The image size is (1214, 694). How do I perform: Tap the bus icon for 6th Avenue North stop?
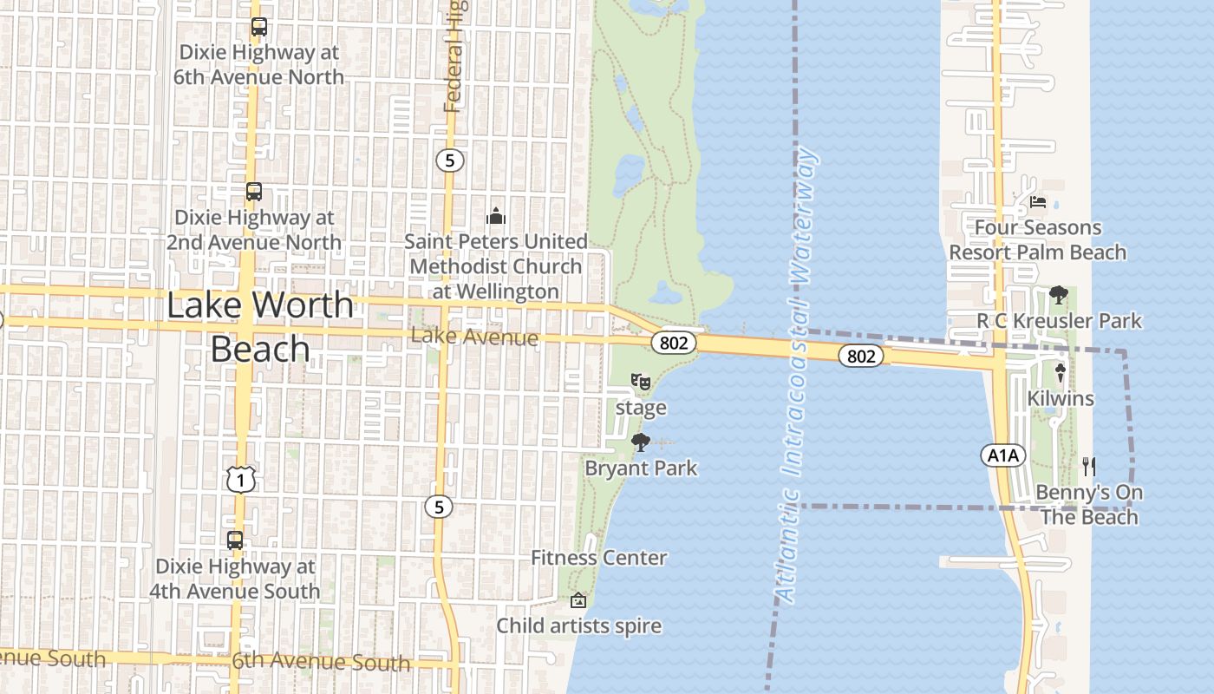tap(258, 27)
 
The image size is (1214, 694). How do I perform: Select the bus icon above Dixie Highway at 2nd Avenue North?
tap(253, 192)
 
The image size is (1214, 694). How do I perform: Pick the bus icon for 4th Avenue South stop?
tap(235, 540)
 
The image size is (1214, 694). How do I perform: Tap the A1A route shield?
tap(1003, 455)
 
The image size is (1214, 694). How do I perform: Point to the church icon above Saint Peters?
tap(496, 215)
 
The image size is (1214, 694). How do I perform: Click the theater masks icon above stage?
tap(641, 381)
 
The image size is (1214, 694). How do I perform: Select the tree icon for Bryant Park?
tap(641, 443)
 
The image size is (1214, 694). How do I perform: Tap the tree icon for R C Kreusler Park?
tap(1058, 295)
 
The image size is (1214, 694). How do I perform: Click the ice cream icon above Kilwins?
tap(1060, 373)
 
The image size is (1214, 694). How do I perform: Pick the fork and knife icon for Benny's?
tap(1089, 467)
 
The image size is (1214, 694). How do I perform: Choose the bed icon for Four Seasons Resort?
tap(1038, 203)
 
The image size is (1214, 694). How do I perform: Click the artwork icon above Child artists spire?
tap(578, 600)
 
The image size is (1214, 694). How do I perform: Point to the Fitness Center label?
tap(599, 558)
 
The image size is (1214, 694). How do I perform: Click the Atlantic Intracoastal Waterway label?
tap(796, 375)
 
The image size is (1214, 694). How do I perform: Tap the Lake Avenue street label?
tap(474, 337)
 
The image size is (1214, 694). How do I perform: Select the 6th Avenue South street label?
tap(321, 663)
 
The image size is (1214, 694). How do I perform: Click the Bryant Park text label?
tap(641, 468)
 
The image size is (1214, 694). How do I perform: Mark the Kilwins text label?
tap(1061, 399)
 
